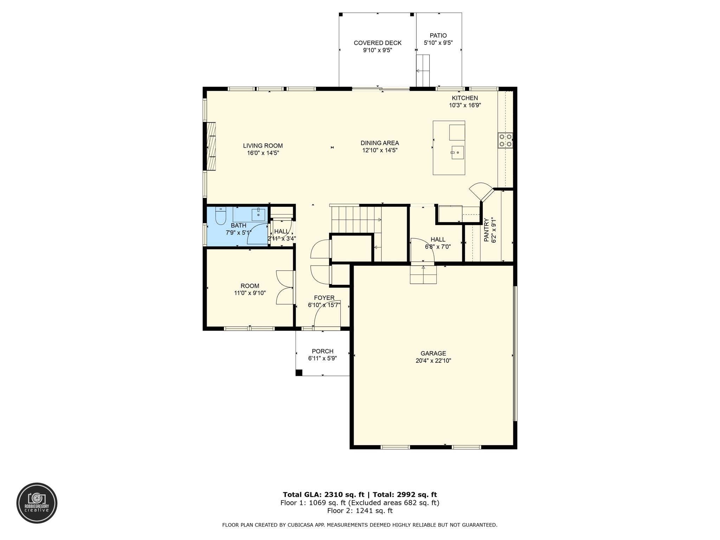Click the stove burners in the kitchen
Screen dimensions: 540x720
point(505,140)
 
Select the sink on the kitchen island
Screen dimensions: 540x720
point(457,153)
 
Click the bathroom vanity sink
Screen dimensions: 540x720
point(258,213)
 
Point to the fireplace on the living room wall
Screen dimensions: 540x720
point(211,146)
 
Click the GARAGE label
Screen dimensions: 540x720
point(433,353)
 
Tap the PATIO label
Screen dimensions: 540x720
point(438,36)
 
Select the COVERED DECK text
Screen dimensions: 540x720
point(377,43)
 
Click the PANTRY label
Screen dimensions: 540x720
point(486,230)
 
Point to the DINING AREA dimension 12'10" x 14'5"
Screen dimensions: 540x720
point(380,150)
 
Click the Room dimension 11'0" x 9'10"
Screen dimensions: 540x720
point(250,293)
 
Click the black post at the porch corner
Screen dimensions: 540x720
point(299,373)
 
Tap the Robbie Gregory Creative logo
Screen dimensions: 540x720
point(37,503)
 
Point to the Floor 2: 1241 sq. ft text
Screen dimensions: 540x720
point(360,511)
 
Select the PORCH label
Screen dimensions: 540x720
point(322,351)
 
